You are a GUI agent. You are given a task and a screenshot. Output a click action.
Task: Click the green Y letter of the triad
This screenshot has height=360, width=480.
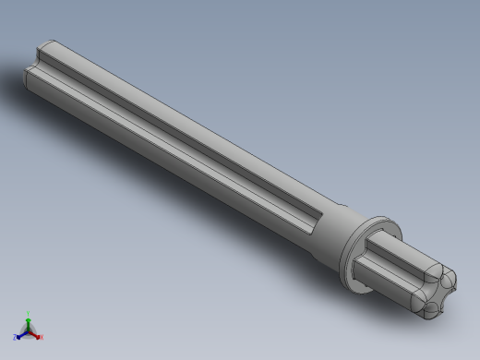pyautogui.click(x=29, y=313)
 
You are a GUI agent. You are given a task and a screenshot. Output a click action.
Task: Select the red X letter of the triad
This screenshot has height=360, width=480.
pyautogui.click(x=41, y=337)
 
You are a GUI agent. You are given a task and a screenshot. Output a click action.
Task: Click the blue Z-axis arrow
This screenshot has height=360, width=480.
pyautogui.click(x=21, y=333)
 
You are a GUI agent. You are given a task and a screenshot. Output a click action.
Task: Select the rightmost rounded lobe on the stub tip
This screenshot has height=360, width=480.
pyautogui.click(x=451, y=281)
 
